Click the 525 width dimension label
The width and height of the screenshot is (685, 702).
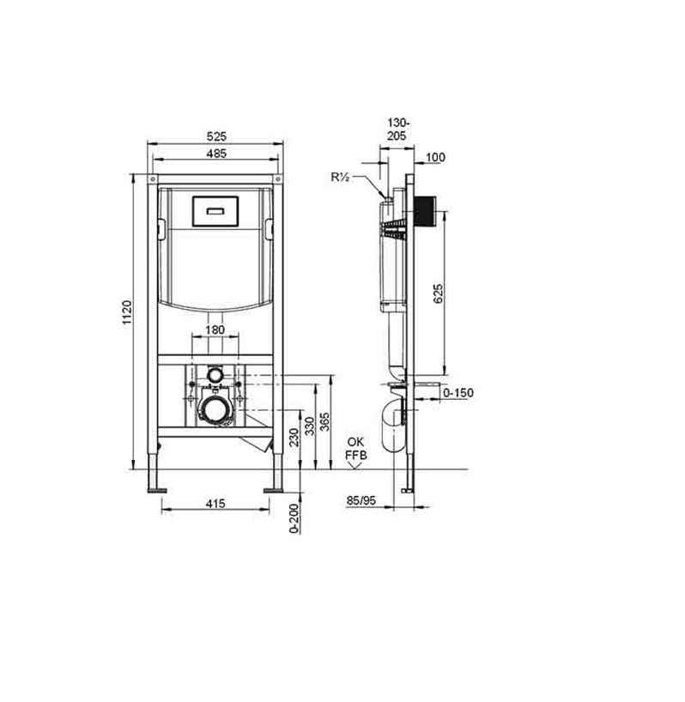coord(216,136)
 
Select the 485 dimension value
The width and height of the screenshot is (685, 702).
coord(216,153)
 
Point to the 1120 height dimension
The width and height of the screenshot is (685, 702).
coord(127,313)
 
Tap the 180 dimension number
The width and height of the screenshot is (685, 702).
coord(215,330)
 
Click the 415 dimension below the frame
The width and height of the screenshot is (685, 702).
coord(215,504)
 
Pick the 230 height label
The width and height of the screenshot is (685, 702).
coord(294,437)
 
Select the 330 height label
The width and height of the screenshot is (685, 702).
coord(310,427)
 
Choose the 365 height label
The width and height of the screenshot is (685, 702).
coord(325,421)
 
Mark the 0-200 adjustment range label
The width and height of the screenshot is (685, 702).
coord(294,518)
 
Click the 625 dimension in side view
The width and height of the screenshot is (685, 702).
coord(439,294)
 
